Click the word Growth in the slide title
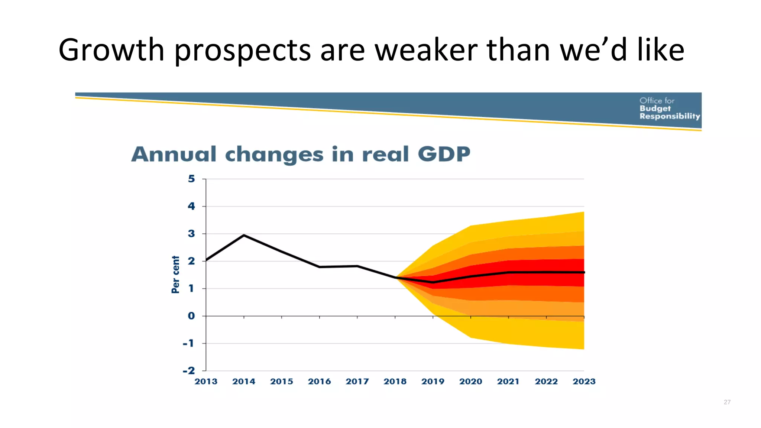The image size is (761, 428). pyautogui.click(x=111, y=50)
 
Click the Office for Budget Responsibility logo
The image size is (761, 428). pyautogui.click(x=669, y=108)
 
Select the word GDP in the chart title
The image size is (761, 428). pyautogui.click(x=444, y=154)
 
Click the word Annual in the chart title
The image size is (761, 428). pyautogui.click(x=174, y=154)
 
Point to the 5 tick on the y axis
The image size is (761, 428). pyautogui.click(x=191, y=179)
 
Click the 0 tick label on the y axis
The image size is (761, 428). pyautogui.click(x=191, y=316)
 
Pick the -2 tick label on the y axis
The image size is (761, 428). pyautogui.click(x=189, y=370)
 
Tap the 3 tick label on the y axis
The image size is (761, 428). pyautogui.click(x=191, y=234)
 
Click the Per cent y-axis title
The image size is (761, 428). pyautogui.click(x=175, y=274)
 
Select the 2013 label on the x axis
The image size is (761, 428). pyautogui.click(x=206, y=382)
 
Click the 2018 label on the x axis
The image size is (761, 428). pyautogui.click(x=395, y=382)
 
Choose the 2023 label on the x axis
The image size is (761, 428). pyautogui.click(x=584, y=382)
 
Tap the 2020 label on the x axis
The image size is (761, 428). pyautogui.click(x=470, y=382)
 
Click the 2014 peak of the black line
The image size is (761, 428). pyautogui.click(x=244, y=235)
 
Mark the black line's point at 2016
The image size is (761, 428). pyautogui.click(x=320, y=267)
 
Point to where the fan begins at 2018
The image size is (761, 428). pyautogui.click(x=396, y=278)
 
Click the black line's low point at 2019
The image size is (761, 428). pyautogui.click(x=433, y=282)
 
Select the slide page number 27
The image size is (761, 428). pyautogui.click(x=727, y=402)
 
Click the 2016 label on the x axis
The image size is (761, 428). pyautogui.click(x=319, y=382)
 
